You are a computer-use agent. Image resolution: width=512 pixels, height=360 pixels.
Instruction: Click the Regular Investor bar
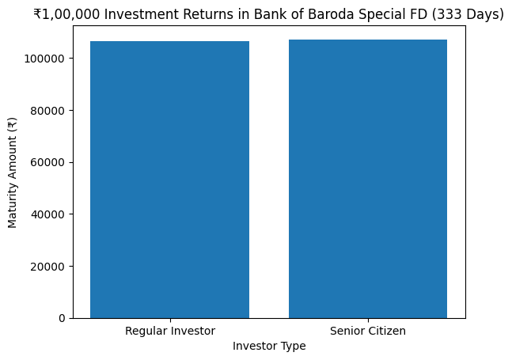(169, 180)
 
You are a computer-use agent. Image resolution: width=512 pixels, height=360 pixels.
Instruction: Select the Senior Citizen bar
(368, 179)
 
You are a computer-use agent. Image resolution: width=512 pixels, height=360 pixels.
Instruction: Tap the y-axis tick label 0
(63, 318)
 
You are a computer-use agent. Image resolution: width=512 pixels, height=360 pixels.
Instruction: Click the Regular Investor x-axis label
(169, 331)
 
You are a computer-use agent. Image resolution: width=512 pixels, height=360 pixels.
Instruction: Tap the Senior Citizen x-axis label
(368, 331)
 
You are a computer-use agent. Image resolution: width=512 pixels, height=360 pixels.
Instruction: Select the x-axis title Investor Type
(269, 346)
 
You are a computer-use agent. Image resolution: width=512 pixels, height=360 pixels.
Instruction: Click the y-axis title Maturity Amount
(12, 172)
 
